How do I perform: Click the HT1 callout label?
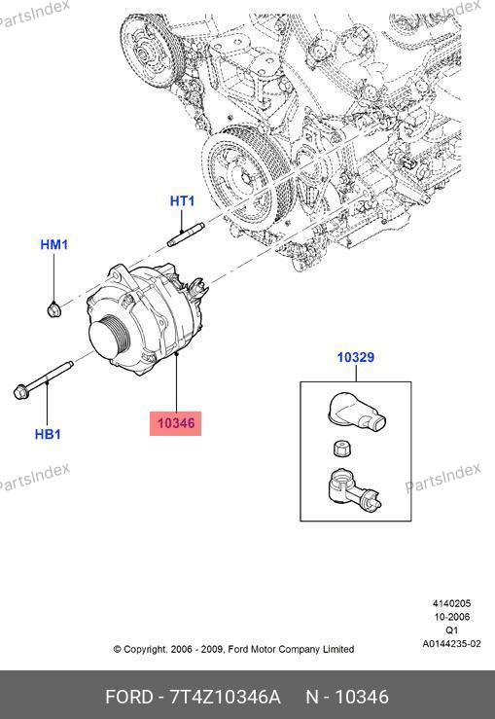(182, 200)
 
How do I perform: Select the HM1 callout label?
(54, 244)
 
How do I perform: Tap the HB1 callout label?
(48, 434)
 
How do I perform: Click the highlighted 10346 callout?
(176, 423)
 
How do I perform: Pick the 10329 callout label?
(356, 357)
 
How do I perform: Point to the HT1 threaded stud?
(186, 234)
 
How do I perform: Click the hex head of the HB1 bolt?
(21, 392)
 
